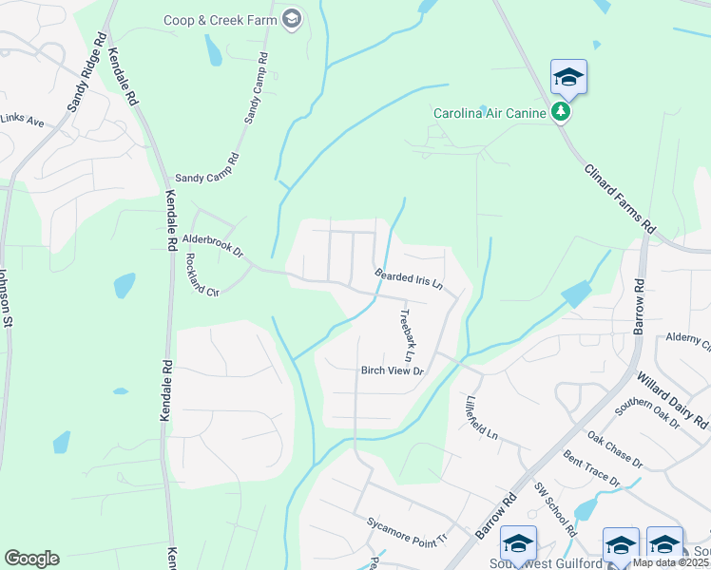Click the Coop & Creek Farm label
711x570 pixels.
(220, 19)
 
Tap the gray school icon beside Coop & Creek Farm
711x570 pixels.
(291, 19)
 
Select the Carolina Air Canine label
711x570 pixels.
(490, 114)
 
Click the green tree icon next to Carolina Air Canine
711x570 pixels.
(562, 113)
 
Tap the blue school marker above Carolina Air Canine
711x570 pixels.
(568, 77)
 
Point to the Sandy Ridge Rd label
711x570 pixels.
(85, 72)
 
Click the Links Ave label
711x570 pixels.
(22, 122)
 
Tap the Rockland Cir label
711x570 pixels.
(202, 275)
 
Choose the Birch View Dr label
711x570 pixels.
(391, 370)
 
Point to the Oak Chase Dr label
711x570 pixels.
(615, 450)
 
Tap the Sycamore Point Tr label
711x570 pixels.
(406, 531)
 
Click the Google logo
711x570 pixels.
(31, 559)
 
